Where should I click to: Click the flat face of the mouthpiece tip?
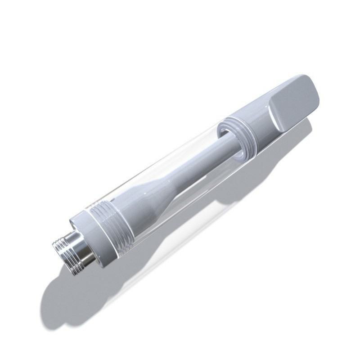(295, 104)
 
